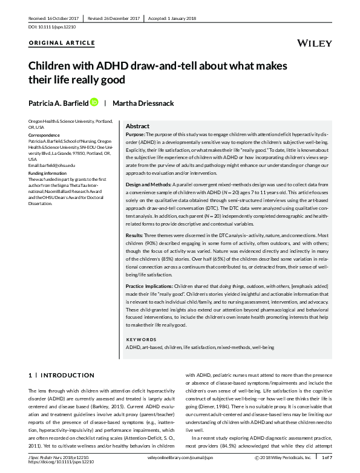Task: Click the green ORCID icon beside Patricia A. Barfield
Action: [94, 103]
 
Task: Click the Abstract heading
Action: [137, 126]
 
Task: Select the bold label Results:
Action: [134, 234]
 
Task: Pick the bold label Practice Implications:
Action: [148, 284]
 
